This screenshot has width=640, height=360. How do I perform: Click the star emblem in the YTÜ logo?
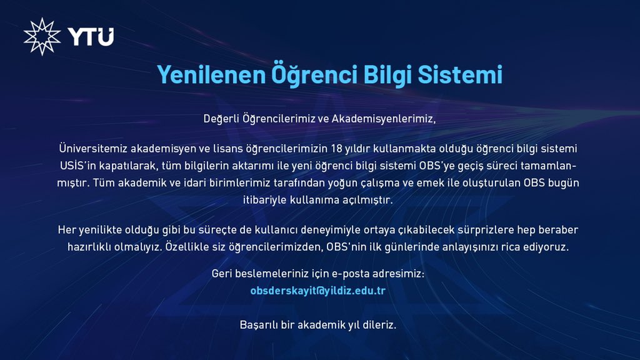pyautogui.click(x=42, y=36)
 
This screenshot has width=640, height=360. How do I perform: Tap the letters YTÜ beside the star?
pyautogui.click(x=91, y=37)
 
